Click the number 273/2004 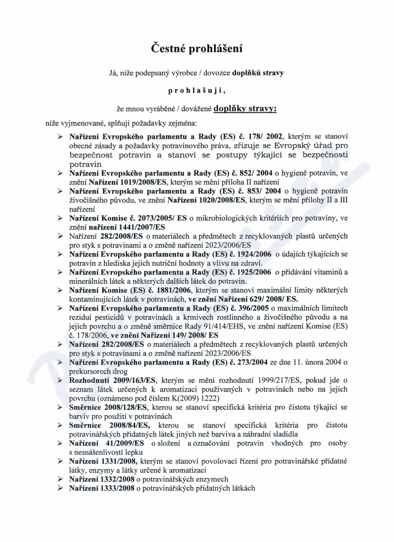tap(250, 362)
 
